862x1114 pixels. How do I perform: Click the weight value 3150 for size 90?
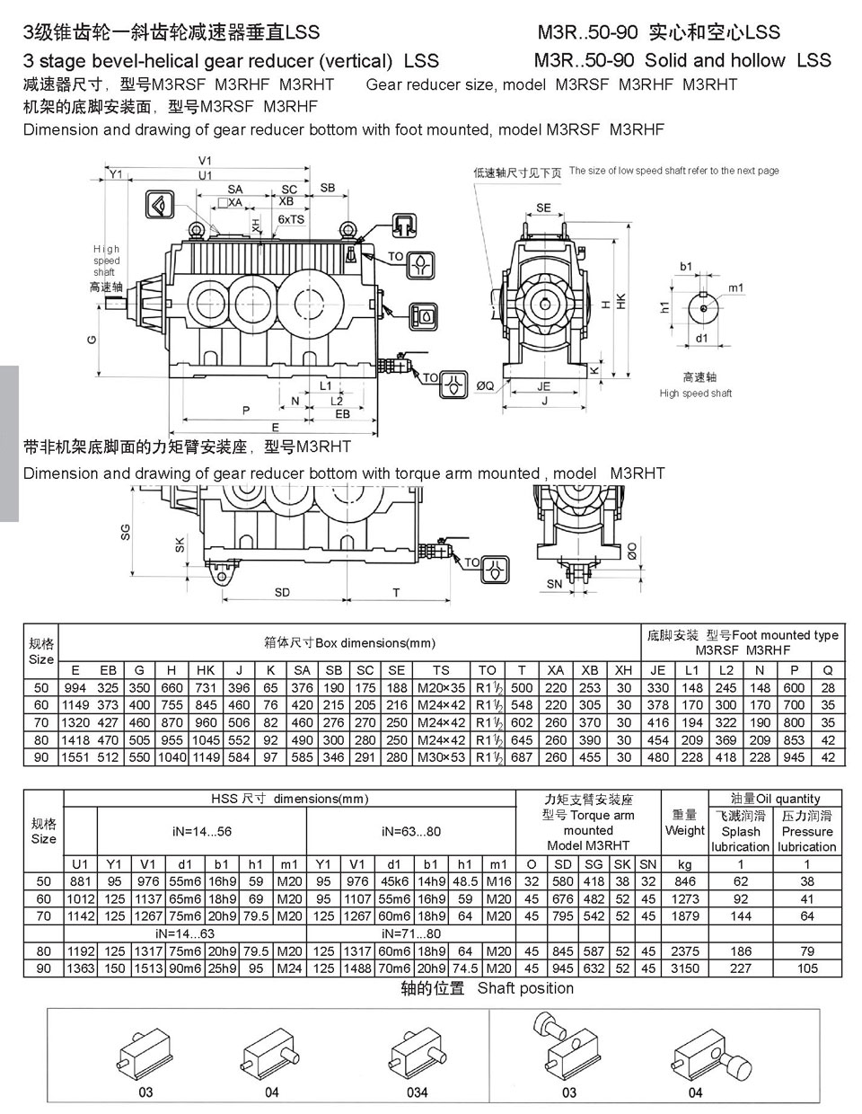tap(685, 968)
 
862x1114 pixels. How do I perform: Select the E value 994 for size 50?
tap(75, 687)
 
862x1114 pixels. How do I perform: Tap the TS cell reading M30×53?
tap(441, 757)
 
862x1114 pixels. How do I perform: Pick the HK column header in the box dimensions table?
tap(206, 670)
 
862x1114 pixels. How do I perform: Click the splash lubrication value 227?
tap(741, 968)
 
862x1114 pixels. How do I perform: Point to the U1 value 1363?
tap(81, 968)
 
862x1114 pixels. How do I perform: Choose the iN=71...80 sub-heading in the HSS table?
tap(411, 933)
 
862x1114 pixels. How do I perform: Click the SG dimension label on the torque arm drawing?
tap(126, 532)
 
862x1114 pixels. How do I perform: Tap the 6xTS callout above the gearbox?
tap(291, 219)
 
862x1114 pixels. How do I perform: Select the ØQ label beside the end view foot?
tap(485, 385)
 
